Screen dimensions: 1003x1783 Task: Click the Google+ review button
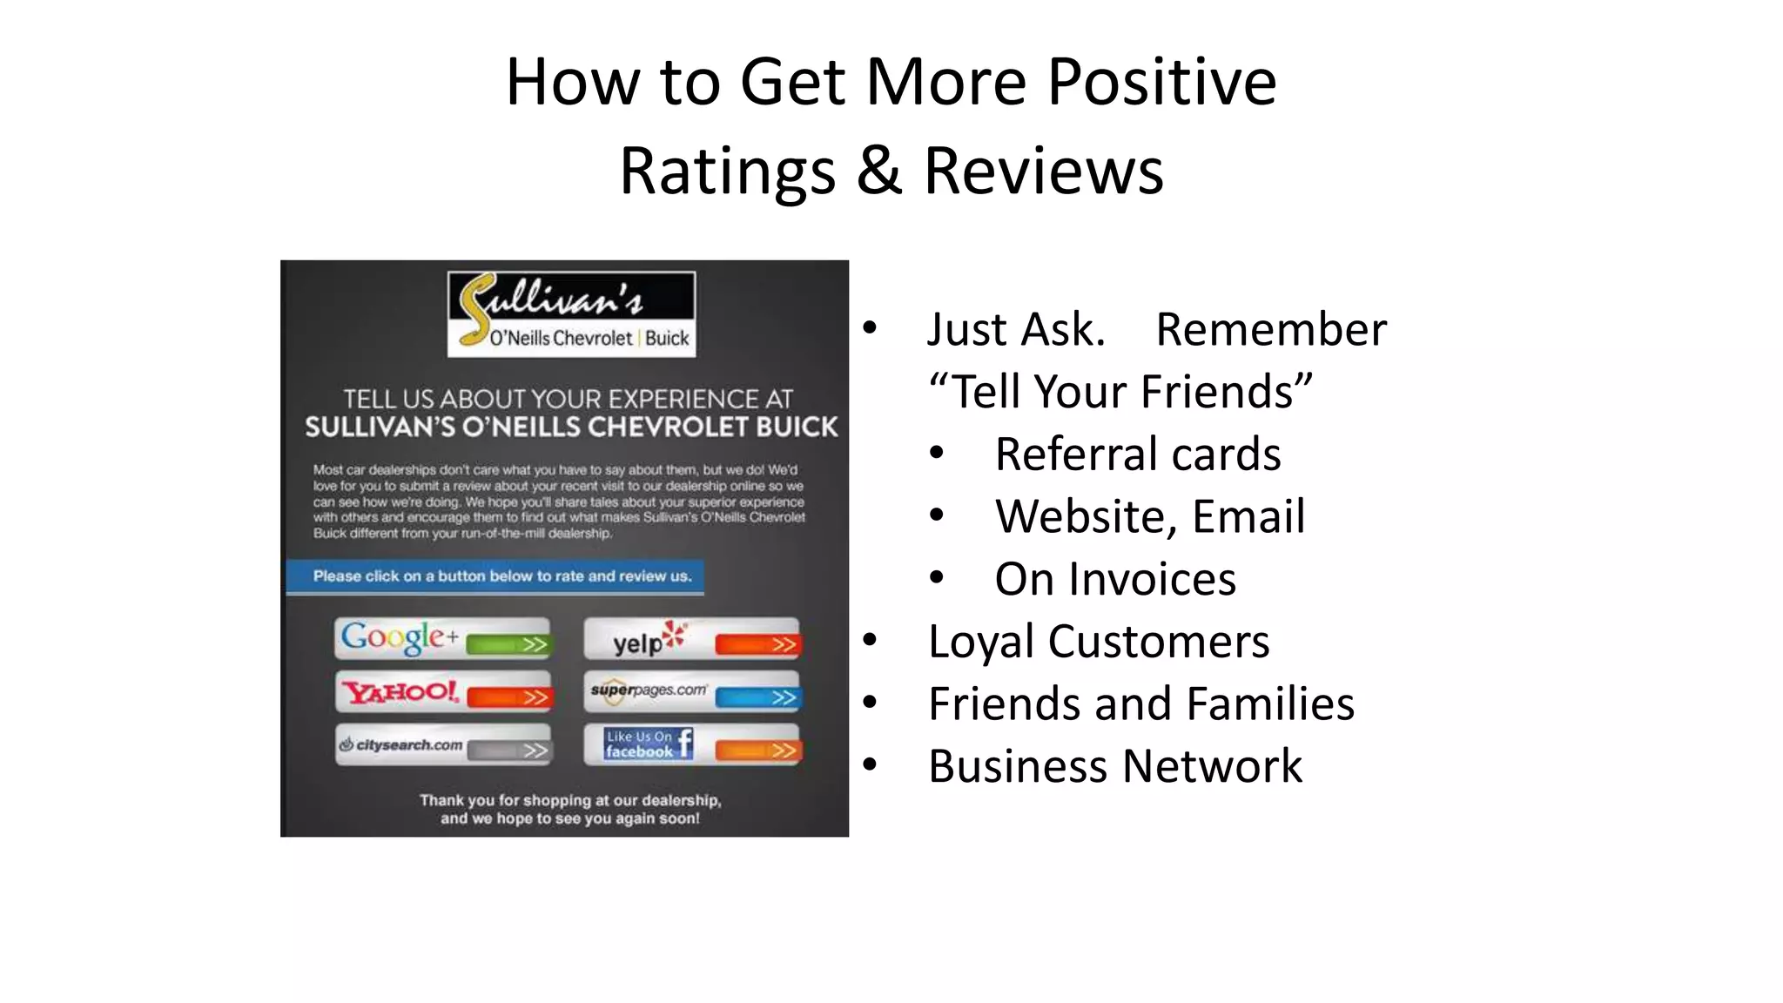click(442, 638)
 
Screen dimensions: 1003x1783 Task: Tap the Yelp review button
click(691, 638)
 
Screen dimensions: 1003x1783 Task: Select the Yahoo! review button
click(442, 692)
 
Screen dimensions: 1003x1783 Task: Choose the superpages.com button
click(691, 692)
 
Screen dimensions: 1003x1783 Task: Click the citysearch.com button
click(442, 745)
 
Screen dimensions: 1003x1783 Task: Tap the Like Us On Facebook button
click(691, 745)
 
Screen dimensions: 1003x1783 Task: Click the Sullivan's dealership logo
click(571, 313)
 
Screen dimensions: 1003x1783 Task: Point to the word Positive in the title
click(1161, 82)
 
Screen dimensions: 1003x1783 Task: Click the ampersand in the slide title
click(878, 171)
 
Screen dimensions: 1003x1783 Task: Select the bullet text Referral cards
click(1137, 454)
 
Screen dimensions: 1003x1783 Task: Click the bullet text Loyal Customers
click(1099, 642)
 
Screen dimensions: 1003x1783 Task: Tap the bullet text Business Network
click(1114, 766)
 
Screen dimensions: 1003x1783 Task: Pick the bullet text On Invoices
click(1114, 579)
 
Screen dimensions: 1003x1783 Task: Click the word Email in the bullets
click(1248, 516)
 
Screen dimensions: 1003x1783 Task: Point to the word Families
click(1270, 703)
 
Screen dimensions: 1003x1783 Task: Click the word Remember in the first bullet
click(1270, 329)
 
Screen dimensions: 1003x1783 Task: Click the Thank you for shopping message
click(569, 809)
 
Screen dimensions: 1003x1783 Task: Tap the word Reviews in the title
click(1043, 171)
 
